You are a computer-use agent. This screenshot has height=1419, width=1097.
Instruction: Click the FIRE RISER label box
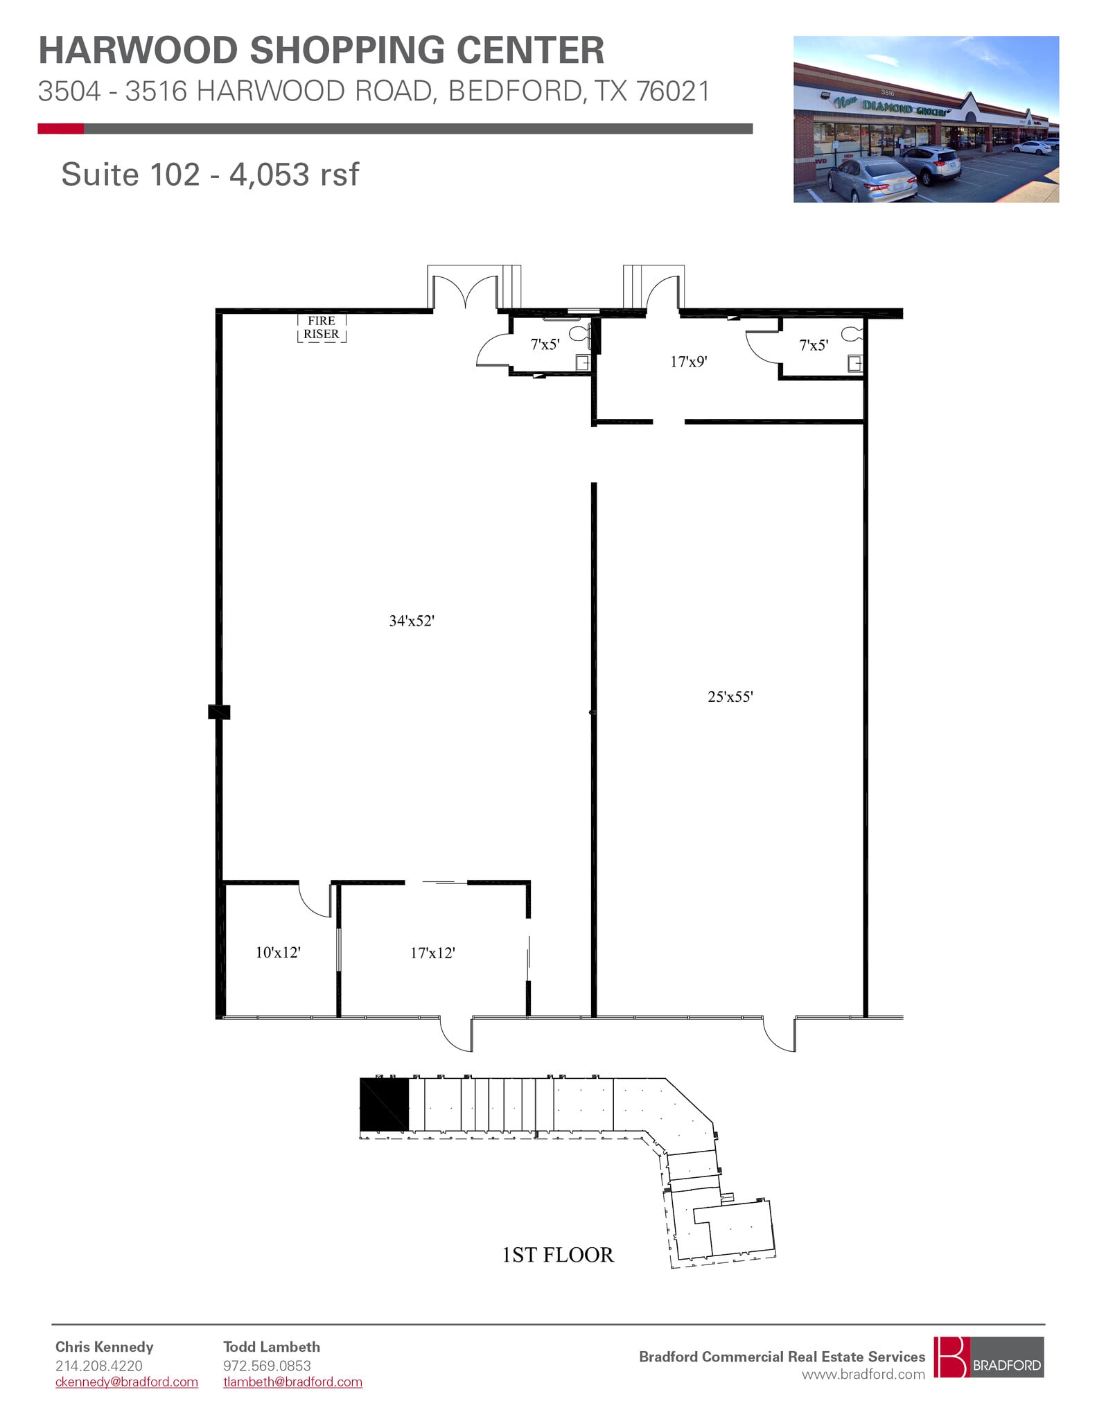pos(322,328)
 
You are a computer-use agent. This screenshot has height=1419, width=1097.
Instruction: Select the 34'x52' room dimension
pos(411,621)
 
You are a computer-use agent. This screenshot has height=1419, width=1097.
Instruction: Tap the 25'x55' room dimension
pos(730,697)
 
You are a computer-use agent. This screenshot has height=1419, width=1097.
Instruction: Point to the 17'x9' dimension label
pos(688,362)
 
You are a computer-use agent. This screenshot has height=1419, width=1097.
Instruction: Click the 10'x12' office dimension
pos(278,953)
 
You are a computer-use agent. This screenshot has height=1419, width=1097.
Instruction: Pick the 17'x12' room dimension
pos(432,953)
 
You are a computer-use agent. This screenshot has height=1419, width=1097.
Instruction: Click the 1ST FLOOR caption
pos(558,1255)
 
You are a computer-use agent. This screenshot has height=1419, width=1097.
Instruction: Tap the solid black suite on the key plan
pos(384,1104)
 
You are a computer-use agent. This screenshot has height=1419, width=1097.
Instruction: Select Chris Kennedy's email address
pos(126,1382)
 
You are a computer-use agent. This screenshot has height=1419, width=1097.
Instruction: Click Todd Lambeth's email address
pos(292,1382)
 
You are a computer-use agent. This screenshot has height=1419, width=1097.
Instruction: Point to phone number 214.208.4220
pos(98,1366)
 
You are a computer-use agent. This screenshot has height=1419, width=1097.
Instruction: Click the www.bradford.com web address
pos(863,1374)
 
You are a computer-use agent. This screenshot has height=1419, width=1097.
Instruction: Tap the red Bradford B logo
pos(950,1357)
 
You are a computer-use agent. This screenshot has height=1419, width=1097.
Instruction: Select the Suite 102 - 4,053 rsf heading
pos(210,174)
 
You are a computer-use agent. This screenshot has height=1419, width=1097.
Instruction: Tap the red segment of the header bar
pos(60,129)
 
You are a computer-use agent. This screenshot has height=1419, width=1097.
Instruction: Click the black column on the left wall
pos(219,712)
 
